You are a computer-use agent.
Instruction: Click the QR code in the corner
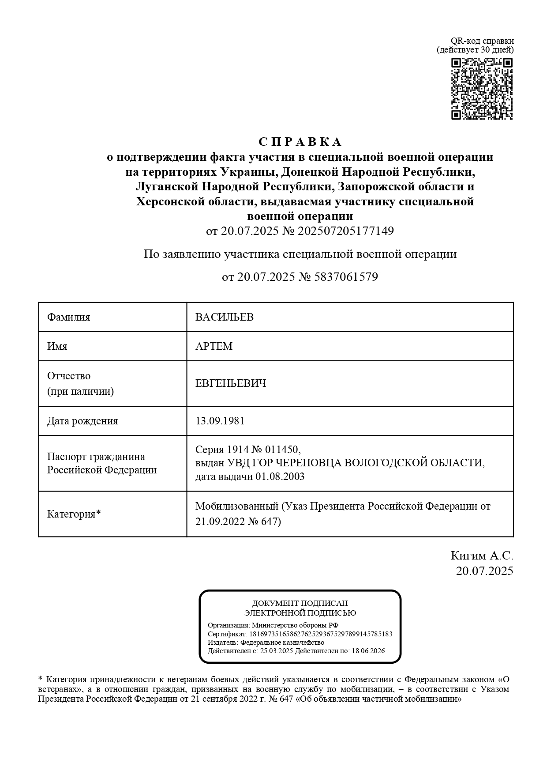tap(482, 89)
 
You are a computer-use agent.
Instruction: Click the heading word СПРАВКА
tap(300, 142)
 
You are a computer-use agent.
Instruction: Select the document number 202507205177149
tap(346, 231)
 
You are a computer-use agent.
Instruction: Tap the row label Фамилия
tap(69, 317)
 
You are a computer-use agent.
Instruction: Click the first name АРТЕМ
tap(214, 346)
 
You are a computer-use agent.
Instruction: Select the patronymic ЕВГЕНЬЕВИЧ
tap(231, 383)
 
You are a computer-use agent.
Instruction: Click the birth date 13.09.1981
tap(220, 421)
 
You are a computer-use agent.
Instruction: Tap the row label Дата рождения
tap(82, 421)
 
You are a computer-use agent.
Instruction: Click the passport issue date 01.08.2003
tap(280, 477)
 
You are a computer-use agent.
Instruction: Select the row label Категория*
tap(74, 514)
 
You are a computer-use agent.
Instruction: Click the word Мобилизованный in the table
tap(237, 506)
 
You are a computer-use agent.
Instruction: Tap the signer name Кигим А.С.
tap(482, 556)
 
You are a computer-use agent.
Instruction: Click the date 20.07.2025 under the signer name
tap(484, 571)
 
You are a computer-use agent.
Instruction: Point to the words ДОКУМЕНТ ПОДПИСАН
tap(300, 603)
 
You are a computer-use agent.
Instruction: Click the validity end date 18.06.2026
tap(368, 651)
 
